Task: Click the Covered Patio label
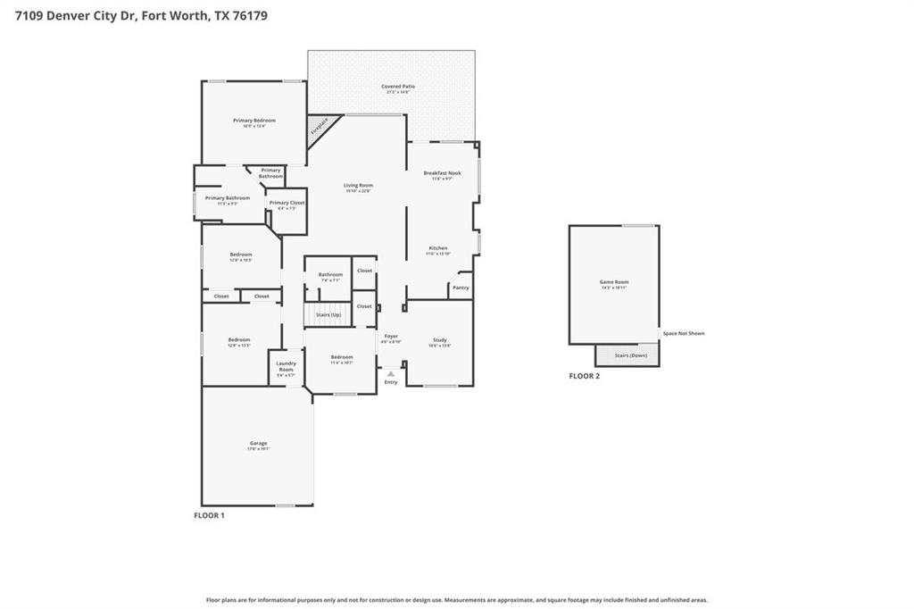pos(400,87)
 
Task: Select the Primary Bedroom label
pos(254,121)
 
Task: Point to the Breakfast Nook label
pos(442,172)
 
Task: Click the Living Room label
pos(358,186)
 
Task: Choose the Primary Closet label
pos(287,203)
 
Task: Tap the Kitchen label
pos(437,248)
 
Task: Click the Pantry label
pos(461,288)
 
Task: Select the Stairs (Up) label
pos(328,314)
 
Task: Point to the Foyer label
pos(391,336)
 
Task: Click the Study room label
pos(439,340)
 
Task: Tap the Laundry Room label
pos(286,363)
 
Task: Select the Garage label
pos(258,443)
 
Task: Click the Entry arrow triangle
pos(390,373)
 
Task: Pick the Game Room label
pos(614,282)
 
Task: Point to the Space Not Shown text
pos(684,333)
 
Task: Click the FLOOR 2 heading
pos(585,376)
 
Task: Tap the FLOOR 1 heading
pos(209,515)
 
